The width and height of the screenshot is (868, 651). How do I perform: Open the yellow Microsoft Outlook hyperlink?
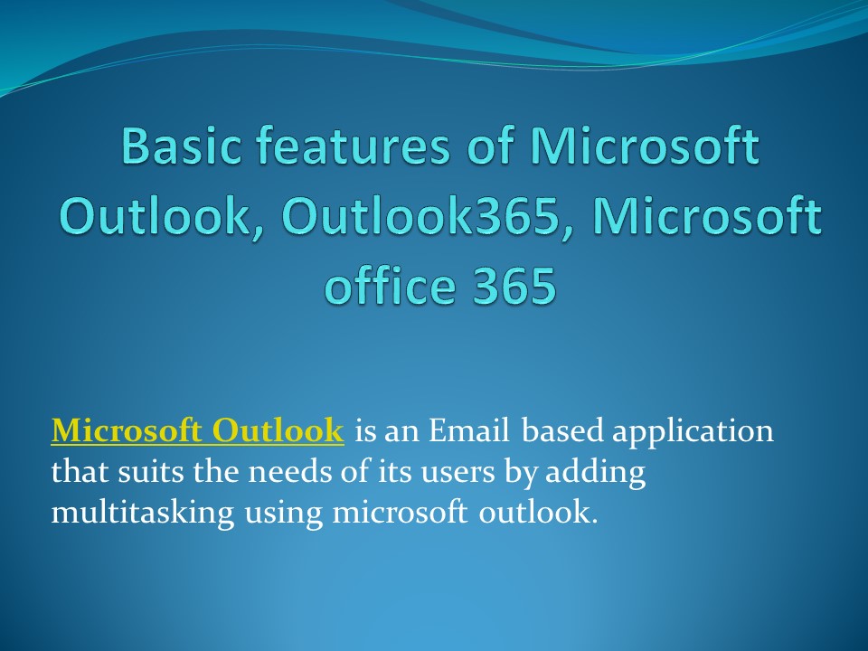pyautogui.click(x=197, y=431)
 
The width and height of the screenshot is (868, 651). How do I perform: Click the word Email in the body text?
pyautogui.click(x=469, y=431)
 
